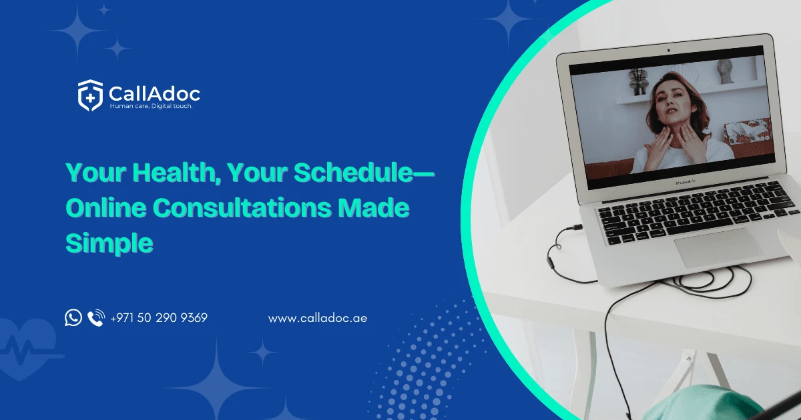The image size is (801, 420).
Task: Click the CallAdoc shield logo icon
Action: pos(91,95)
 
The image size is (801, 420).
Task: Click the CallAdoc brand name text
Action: pos(154,94)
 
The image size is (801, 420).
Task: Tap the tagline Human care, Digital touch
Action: pos(151,106)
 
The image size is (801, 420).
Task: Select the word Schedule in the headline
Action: pos(353,173)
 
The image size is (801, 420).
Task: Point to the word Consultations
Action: pos(242,207)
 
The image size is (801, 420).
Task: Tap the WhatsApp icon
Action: pos(73,317)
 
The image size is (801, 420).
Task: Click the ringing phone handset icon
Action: pos(96,318)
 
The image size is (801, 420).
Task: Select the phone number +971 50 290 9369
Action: pos(159,318)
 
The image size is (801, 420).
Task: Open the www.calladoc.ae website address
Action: pos(318,318)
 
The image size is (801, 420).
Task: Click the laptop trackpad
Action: pos(719,247)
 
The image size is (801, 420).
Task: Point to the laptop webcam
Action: pos(669,51)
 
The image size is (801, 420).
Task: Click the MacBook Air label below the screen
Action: pos(686,183)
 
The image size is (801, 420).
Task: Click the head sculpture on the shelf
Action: pos(725,72)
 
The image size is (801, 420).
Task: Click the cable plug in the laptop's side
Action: pos(577,227)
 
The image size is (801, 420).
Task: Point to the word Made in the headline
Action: pos(374,207)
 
